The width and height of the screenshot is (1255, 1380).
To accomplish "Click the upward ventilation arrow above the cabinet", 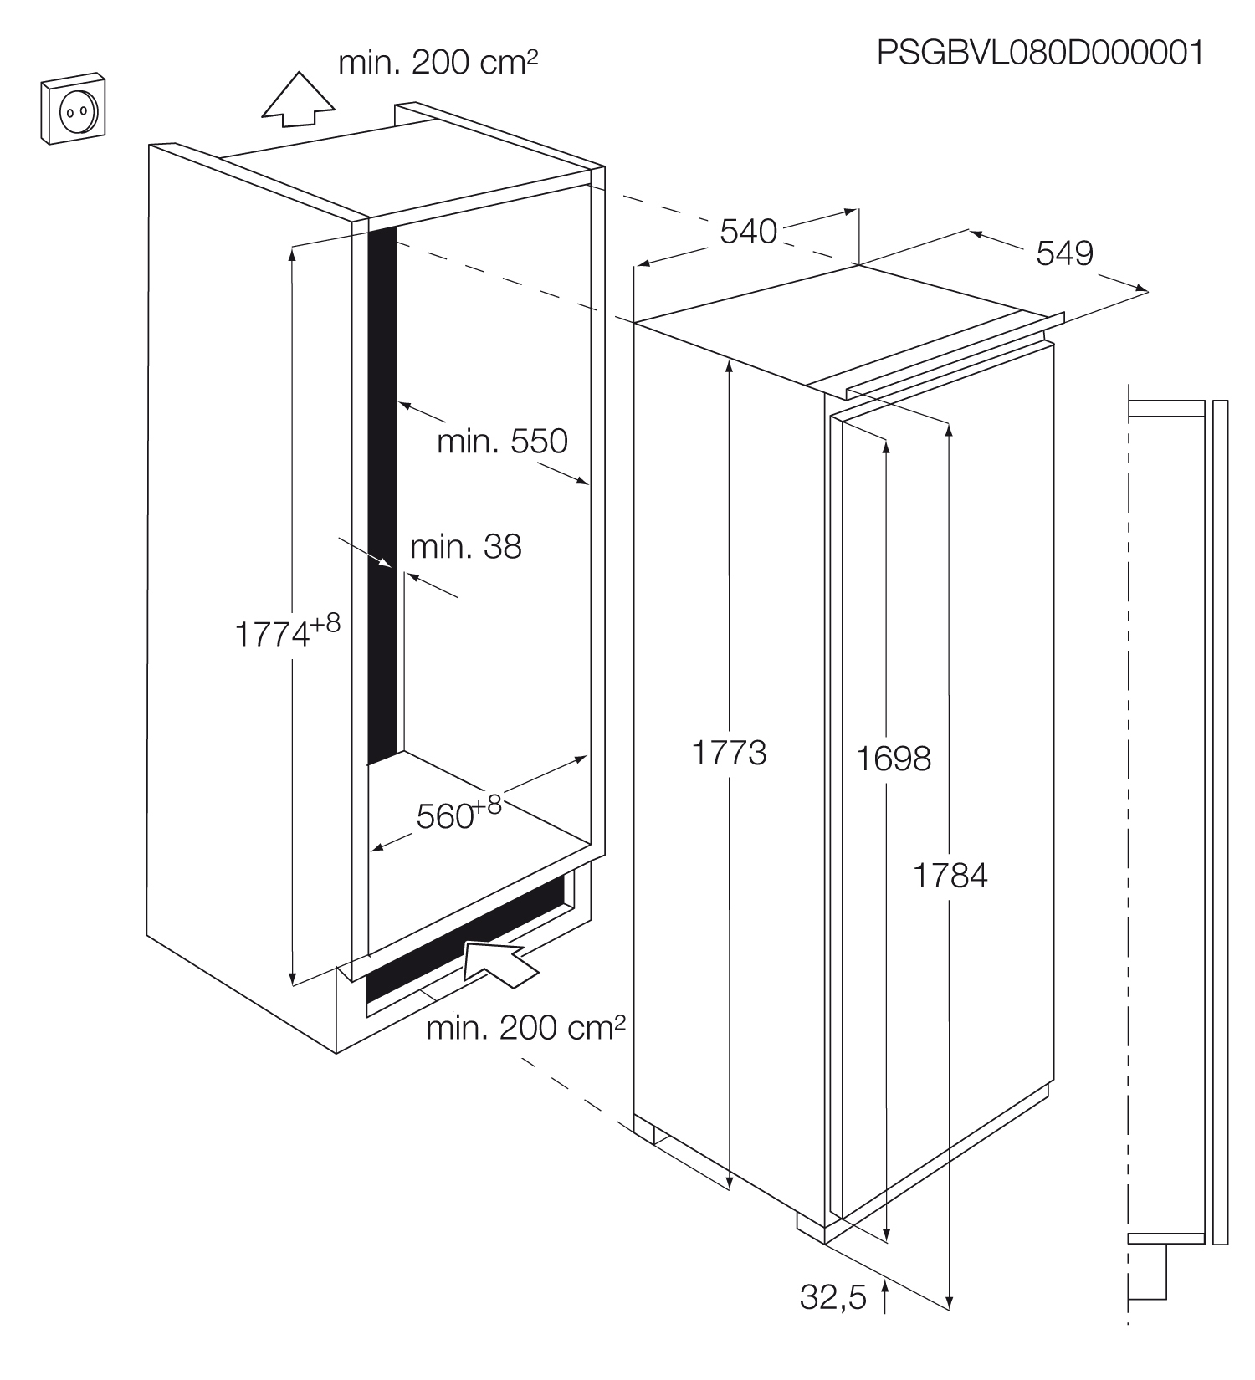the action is click(x=298, y=100).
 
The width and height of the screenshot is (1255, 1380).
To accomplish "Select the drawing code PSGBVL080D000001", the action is click(x=1040, y=53).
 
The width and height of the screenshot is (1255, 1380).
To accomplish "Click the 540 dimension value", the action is click(x=749, y=232).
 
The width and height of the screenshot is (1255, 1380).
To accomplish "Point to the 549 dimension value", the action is click(x=1064, y=253).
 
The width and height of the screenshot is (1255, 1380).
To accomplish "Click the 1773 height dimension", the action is click(x=729, y=754).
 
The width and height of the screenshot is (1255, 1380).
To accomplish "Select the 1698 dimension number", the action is click(x=894, y=759).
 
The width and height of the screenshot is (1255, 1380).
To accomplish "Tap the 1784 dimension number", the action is click(x=950, y=876).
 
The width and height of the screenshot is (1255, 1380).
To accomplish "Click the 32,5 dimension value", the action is click(x=833, y=1297).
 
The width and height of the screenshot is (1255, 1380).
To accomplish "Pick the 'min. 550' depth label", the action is click(x=502, y=441).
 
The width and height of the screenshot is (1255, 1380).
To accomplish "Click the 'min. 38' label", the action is click(x=465, y=547).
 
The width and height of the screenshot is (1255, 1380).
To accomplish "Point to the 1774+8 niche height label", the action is click(x=287, y=631).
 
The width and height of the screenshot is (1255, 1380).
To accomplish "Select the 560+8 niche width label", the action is click(x=458, y=812).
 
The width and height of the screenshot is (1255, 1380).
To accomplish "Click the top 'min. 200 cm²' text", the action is click(x=438, y=63).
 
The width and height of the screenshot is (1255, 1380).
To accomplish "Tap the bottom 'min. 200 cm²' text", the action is click(x=525, y=1028).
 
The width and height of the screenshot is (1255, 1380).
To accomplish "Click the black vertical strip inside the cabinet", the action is click(x=382, y=493).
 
